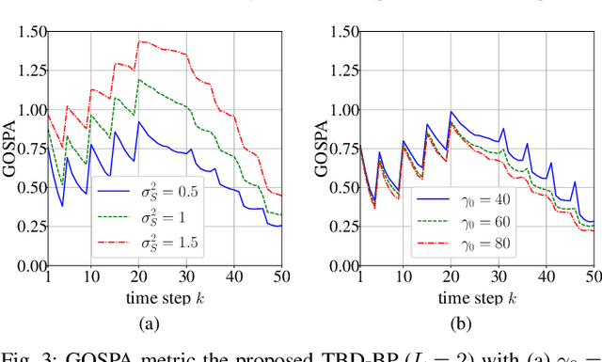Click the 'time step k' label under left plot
166,298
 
